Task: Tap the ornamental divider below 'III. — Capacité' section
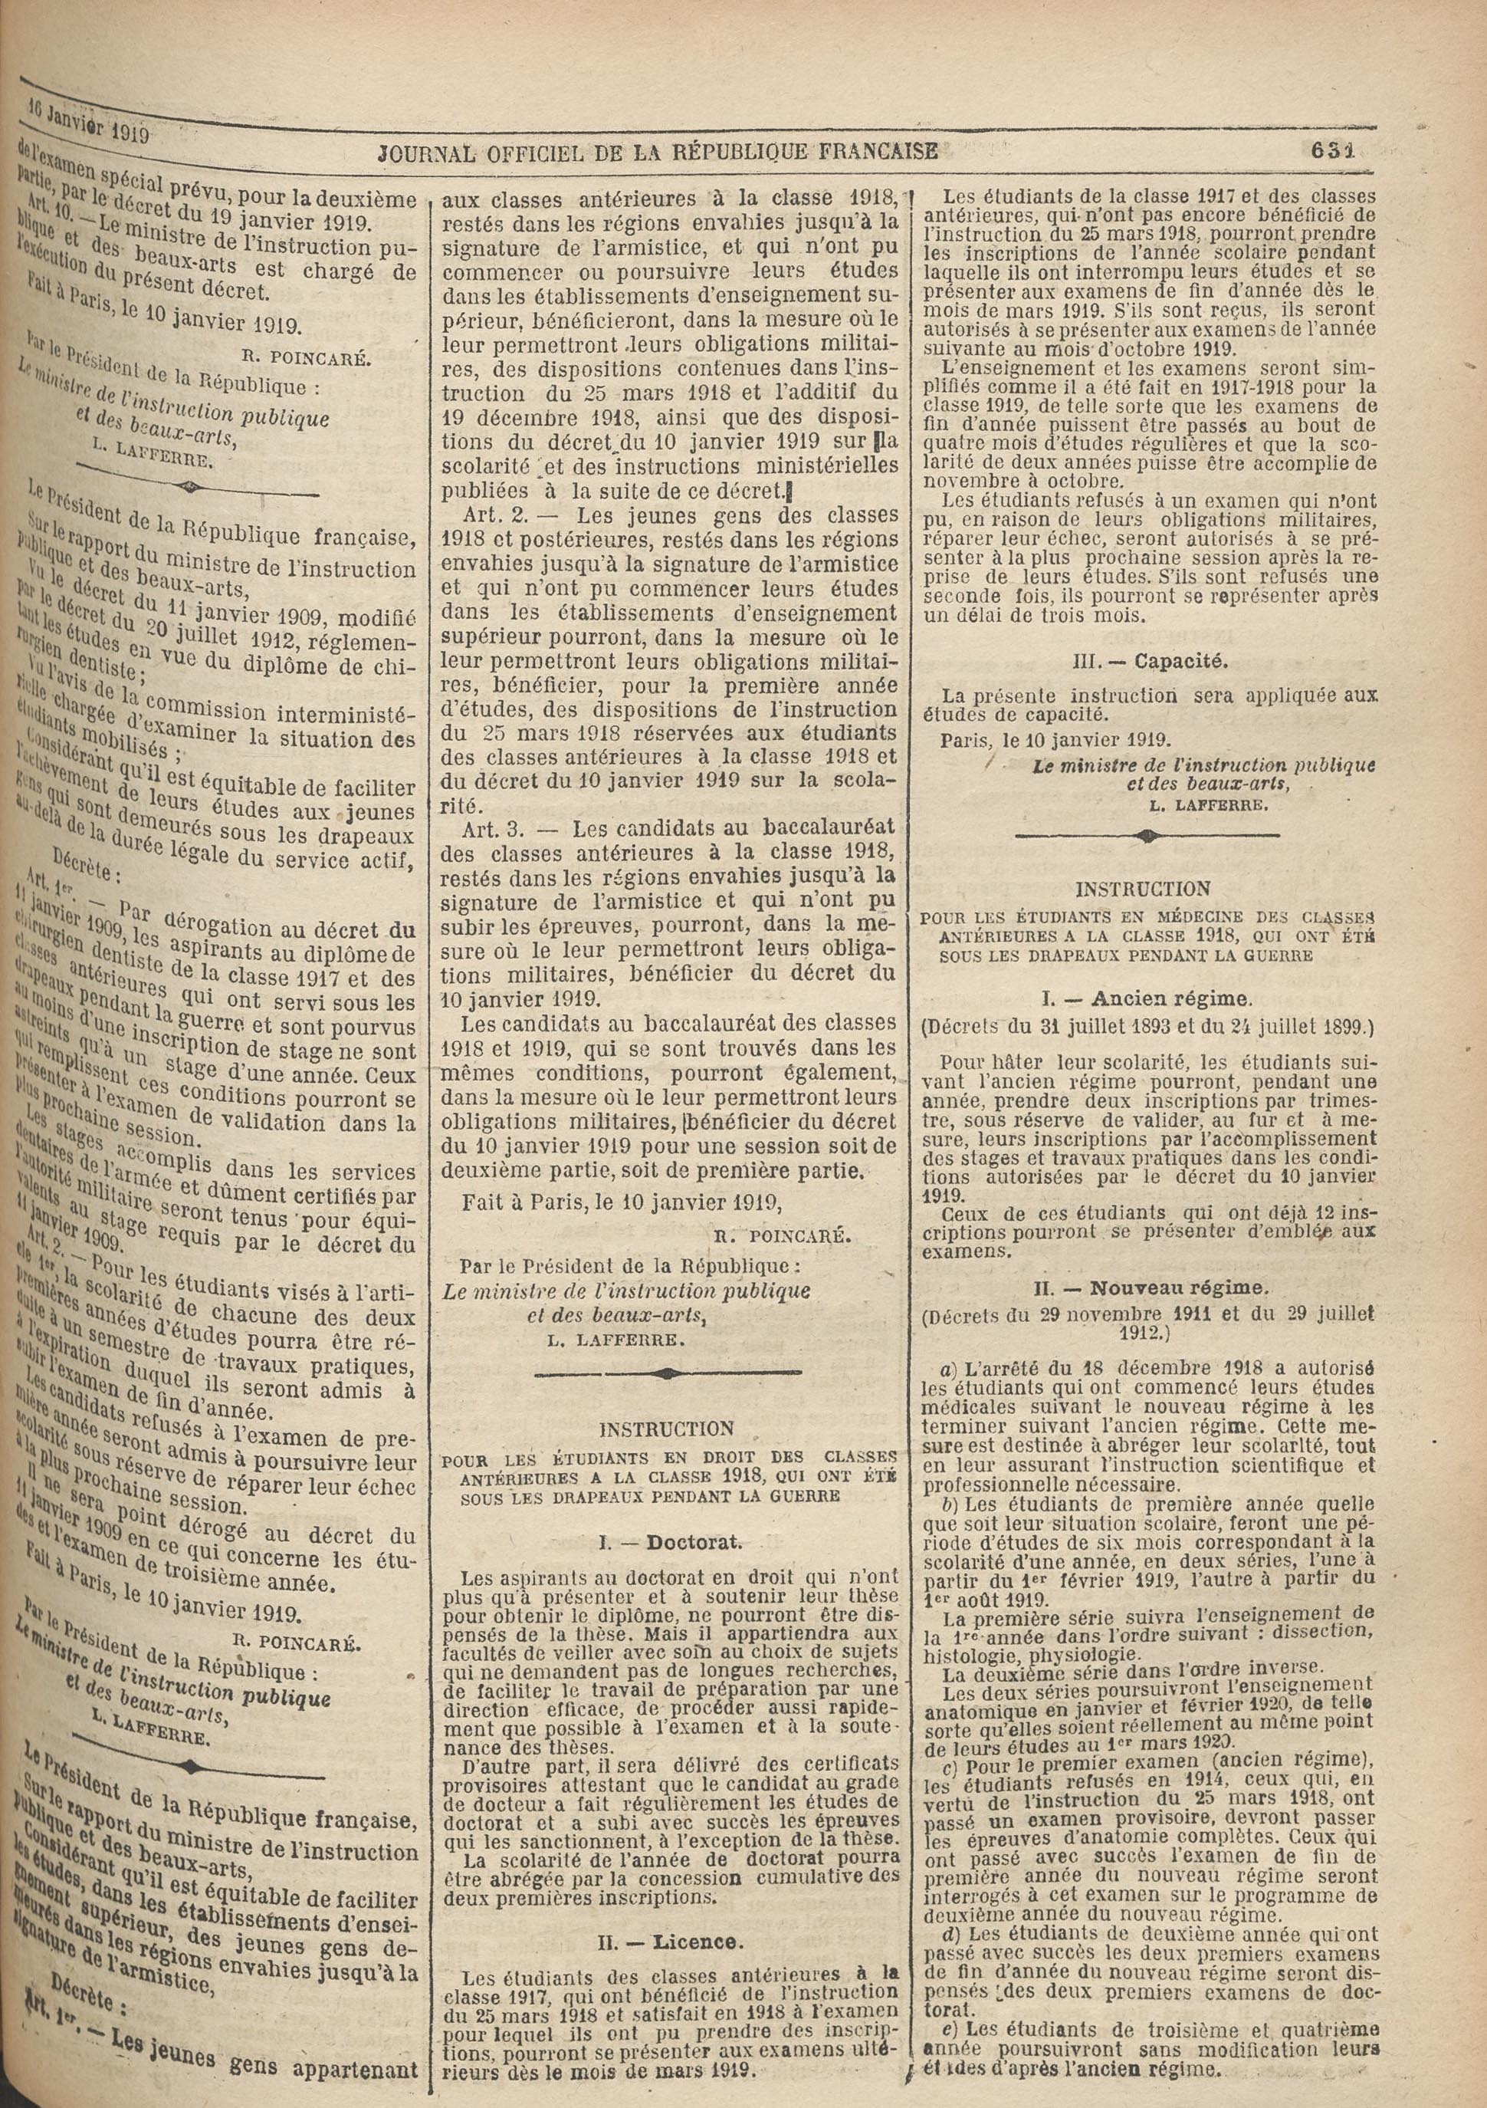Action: [x=1147, y=837]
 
